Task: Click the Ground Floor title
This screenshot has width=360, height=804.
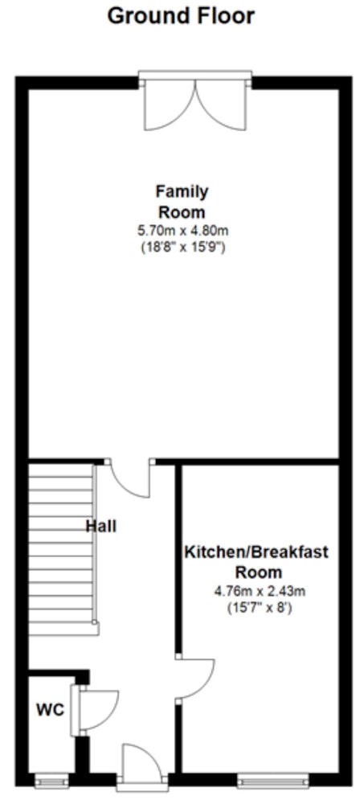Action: click(x=181, y=16)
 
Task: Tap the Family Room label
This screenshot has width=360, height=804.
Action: click(x=182, y=202)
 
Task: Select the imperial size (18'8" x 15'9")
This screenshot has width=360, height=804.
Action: click(x=183, y=247)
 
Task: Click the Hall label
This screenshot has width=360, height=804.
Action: click(x=100, y=526)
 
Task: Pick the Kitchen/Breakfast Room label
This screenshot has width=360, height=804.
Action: click(x=256, y=562)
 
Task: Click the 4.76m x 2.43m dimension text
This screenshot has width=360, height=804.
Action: click(x=260, y=591)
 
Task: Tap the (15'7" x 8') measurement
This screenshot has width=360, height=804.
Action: click(x=260, y=609)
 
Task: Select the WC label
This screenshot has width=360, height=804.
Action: click(x=51, y=710)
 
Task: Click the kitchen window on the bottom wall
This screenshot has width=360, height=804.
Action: click(x=273, y=780)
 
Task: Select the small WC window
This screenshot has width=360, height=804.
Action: click(x=51, y=780)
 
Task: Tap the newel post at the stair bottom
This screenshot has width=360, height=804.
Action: click(x=95, y=622)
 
